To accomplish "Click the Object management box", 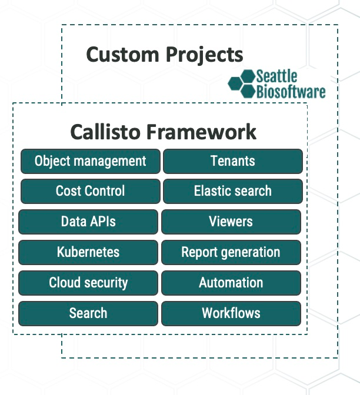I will click(90, 161).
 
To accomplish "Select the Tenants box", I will click(232, 161).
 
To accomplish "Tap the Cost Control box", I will click(90, 191).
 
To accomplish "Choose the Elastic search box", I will click(232, 191).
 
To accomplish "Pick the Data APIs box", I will click(88, 222).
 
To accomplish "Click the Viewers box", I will click(231, 222).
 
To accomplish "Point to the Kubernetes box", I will click(88, 252).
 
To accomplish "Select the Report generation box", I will click(231, 252).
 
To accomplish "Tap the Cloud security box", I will click(88, 283).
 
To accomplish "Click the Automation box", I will click(231, 283).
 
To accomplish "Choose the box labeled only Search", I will click(88, 313).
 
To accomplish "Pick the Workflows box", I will click(231, 313).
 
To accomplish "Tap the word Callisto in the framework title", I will click(106, 132).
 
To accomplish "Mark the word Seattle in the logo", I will click(276, 76).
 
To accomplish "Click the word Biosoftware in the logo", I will click(291, 92).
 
